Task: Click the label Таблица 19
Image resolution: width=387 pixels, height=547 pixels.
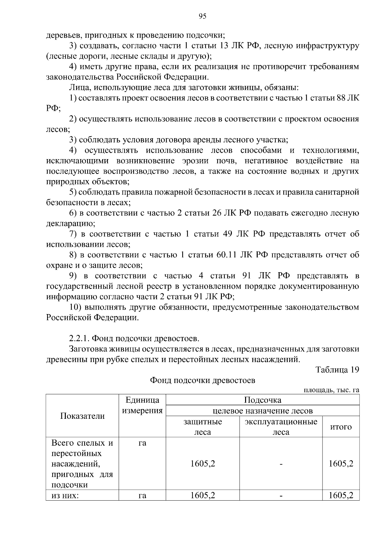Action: [x=337, y=369]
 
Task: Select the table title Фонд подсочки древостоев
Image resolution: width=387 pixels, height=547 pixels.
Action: [x=203, y=380]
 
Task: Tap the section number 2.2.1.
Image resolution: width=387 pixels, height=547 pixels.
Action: [x=79, y=339]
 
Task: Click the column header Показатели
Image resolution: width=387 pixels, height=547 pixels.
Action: [x=82, y=416]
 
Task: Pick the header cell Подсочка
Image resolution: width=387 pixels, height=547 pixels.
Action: [x=262, y=400]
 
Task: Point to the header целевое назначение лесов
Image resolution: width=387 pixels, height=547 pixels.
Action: [x=262, y=411]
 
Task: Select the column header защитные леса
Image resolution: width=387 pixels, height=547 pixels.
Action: [x=203, y=427]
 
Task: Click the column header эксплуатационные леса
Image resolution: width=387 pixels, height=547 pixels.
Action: [x=281, y=427]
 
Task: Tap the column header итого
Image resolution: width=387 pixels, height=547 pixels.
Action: [x=341, y=427]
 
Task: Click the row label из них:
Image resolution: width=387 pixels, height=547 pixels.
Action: [x=65, y=495]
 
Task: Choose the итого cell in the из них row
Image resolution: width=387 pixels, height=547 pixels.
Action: [x=341, y=495]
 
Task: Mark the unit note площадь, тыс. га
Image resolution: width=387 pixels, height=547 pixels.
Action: [x=332, y=390]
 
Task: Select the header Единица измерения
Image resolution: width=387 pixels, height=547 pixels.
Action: [x=142, y=405]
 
